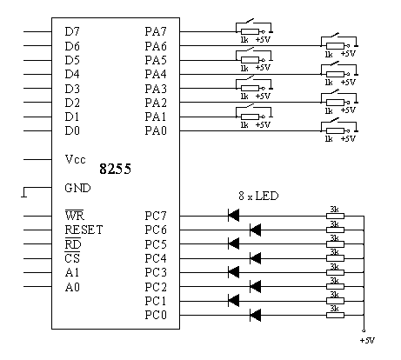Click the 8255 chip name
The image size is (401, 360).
coord(115,169)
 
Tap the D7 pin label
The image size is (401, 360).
coord(72,31)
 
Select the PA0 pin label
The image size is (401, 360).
coord(156,130)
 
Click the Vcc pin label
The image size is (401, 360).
coord(76,159)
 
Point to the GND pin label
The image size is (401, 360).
coord(77,188)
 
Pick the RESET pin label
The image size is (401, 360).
coord(84,230)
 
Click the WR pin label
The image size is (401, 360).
coord(74,216)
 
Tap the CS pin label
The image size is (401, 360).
coord(72,257)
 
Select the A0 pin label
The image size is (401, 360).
coord(72,287)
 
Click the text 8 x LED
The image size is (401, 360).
coord(258,196)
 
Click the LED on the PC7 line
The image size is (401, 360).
coord(234,216)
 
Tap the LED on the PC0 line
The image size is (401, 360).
coord(255,315)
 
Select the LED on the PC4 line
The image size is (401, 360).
coord(255,258)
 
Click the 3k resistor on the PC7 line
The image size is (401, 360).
coord(335,216)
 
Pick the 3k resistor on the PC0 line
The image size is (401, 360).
coord(335,315)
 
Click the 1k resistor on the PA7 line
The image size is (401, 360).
coord(250,31)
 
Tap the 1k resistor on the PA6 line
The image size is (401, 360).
coord(335,46)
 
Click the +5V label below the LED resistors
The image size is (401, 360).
coord(367,340)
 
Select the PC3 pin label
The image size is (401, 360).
coord(156,272)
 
